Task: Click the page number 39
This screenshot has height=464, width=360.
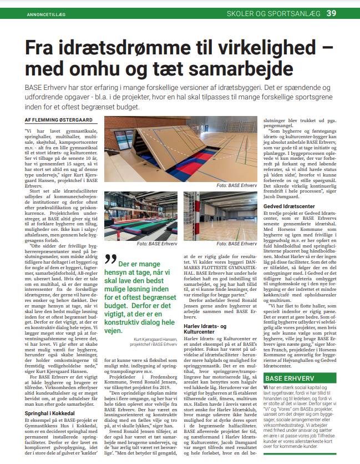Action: pyautogui.click(x=346, y=12)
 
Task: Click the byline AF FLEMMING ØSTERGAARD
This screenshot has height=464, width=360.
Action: pyautogui.click(x=59, y=120)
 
